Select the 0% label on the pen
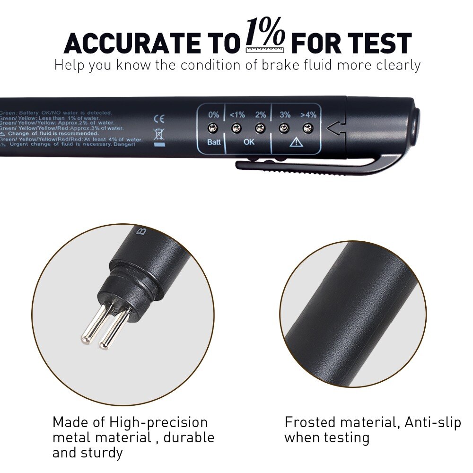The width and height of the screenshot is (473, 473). point(213,115)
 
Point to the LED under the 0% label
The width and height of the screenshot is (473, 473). point(213,128)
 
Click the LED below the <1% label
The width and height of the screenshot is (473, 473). point(236,128)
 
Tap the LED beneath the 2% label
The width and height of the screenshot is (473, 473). point(259,128)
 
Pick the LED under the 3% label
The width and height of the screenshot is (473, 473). point(284,128)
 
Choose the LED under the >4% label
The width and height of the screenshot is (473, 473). point(308,128)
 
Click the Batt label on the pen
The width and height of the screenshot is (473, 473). point(213,142)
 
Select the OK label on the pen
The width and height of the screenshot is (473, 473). point(248,142)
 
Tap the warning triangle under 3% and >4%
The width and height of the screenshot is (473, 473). point(296,142)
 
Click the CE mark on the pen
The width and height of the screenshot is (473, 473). point(159,119)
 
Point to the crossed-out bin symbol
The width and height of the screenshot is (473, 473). point(159,135)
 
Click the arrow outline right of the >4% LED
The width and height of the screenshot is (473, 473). point(334,127)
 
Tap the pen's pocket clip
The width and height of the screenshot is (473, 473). point(322,166)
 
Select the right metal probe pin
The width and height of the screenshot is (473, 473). point(114,329)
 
